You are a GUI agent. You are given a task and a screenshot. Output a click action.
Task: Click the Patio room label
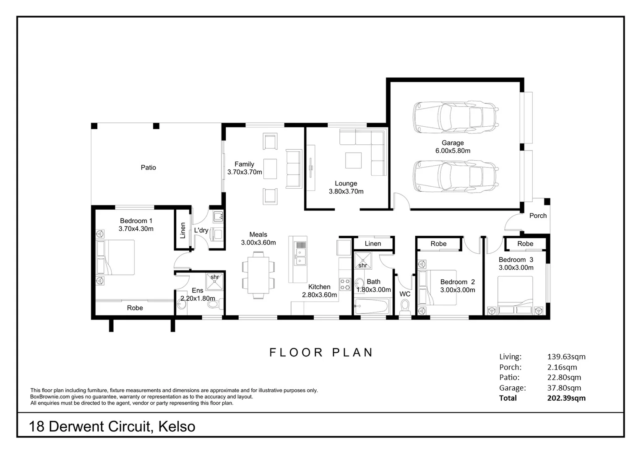tap(148, 167)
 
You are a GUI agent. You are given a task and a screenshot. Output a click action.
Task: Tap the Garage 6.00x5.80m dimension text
tap(453, 151)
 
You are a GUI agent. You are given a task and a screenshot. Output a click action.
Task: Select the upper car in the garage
tap(456, 117)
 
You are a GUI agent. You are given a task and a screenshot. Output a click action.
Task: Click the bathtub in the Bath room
tap(371, 306)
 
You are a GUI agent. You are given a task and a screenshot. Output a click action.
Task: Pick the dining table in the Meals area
tap(258, 275)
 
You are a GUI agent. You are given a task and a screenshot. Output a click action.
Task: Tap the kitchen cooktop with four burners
tap(345, 284)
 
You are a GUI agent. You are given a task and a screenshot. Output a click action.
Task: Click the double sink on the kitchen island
tap(300, 257)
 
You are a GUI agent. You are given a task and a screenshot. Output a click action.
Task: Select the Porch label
tap(538, 216)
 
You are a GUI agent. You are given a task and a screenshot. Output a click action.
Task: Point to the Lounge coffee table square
tap(353, 160)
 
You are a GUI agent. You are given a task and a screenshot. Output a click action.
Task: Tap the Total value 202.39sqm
tap(566, 398)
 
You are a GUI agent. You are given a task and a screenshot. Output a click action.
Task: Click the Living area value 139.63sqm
tap(566, 357)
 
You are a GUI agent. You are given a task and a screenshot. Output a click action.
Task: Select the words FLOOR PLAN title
tap(321, 353)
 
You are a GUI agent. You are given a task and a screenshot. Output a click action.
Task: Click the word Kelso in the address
tap(177, 427)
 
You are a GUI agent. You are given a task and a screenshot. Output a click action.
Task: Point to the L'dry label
tap(201, 230)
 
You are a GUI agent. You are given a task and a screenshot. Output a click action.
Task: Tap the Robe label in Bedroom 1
tap(135, 307)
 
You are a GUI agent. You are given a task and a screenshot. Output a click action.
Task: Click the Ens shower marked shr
tap(214, 281)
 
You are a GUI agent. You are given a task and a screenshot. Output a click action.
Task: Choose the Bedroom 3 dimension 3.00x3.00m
tap(516, 268)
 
